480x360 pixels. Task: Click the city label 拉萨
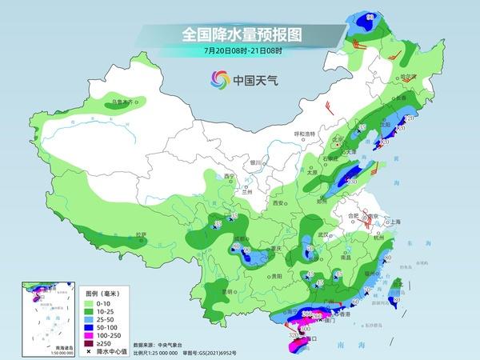point(142,234)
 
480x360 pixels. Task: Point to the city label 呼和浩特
point(306,134)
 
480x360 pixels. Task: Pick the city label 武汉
point(323,234)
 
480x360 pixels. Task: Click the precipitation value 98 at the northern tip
point(370,16)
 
